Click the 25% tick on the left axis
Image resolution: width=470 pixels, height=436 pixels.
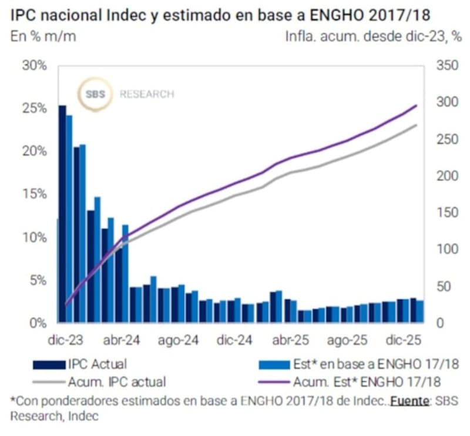click(x=34, y=108)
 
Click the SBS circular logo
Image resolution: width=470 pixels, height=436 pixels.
click(x=96, y=94)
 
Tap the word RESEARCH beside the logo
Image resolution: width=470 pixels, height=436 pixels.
click(x=147, y=94)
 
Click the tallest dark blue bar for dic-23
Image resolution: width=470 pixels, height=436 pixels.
click(x=62, y=212)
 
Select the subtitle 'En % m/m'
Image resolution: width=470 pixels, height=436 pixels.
click(x=43, y=36)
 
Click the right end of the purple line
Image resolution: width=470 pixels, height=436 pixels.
click(x=416, y=106)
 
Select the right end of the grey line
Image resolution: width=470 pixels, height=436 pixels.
click(x=416, y=125)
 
